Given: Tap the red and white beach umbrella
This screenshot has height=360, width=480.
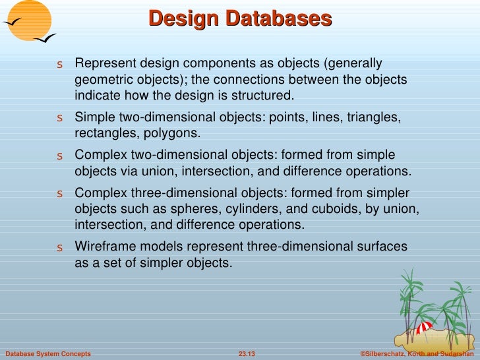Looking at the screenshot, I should (x=426, y=326).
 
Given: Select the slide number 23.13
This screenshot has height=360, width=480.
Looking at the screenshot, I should (x=246, y=354).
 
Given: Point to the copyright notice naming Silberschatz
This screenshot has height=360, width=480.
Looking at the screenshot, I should (x=417, y=354).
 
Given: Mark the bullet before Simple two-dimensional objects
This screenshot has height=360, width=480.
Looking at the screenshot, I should (x=59, y=119).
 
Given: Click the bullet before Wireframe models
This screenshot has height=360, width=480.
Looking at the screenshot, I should (x=59, y=249).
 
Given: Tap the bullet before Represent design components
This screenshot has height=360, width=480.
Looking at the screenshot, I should (x=59, y=65).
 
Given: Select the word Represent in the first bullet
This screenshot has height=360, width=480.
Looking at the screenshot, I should (x=103, y=64).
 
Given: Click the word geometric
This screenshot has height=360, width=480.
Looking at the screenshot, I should (x=104, y=80).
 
